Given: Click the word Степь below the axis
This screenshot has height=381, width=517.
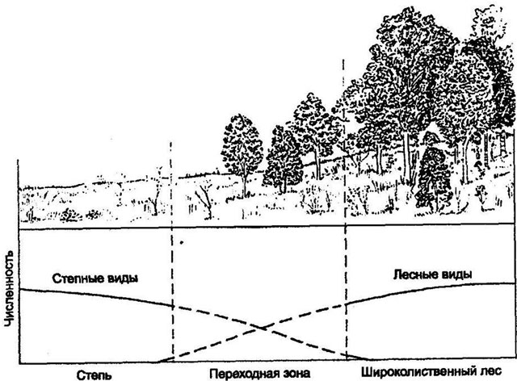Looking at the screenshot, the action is (x=95, y=375).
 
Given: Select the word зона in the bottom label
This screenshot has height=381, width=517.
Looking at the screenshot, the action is (x=296, y=375).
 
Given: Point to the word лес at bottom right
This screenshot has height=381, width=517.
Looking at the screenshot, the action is (x=491, y=371).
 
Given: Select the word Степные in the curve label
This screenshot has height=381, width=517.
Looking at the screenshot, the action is (x=78, y=278).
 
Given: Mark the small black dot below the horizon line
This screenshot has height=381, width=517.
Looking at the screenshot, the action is (x=181, y=243).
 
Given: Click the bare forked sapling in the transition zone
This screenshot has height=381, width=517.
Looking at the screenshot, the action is (x=205, y=200).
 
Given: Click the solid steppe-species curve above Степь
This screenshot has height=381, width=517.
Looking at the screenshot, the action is (x=95, y=294).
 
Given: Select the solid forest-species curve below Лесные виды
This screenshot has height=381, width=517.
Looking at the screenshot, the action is (x=430, y=289).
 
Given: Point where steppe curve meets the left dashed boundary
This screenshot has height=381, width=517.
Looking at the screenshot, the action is (x=172, y=305).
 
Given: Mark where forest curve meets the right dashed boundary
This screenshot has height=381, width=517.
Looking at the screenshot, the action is (x=346, y=304).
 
